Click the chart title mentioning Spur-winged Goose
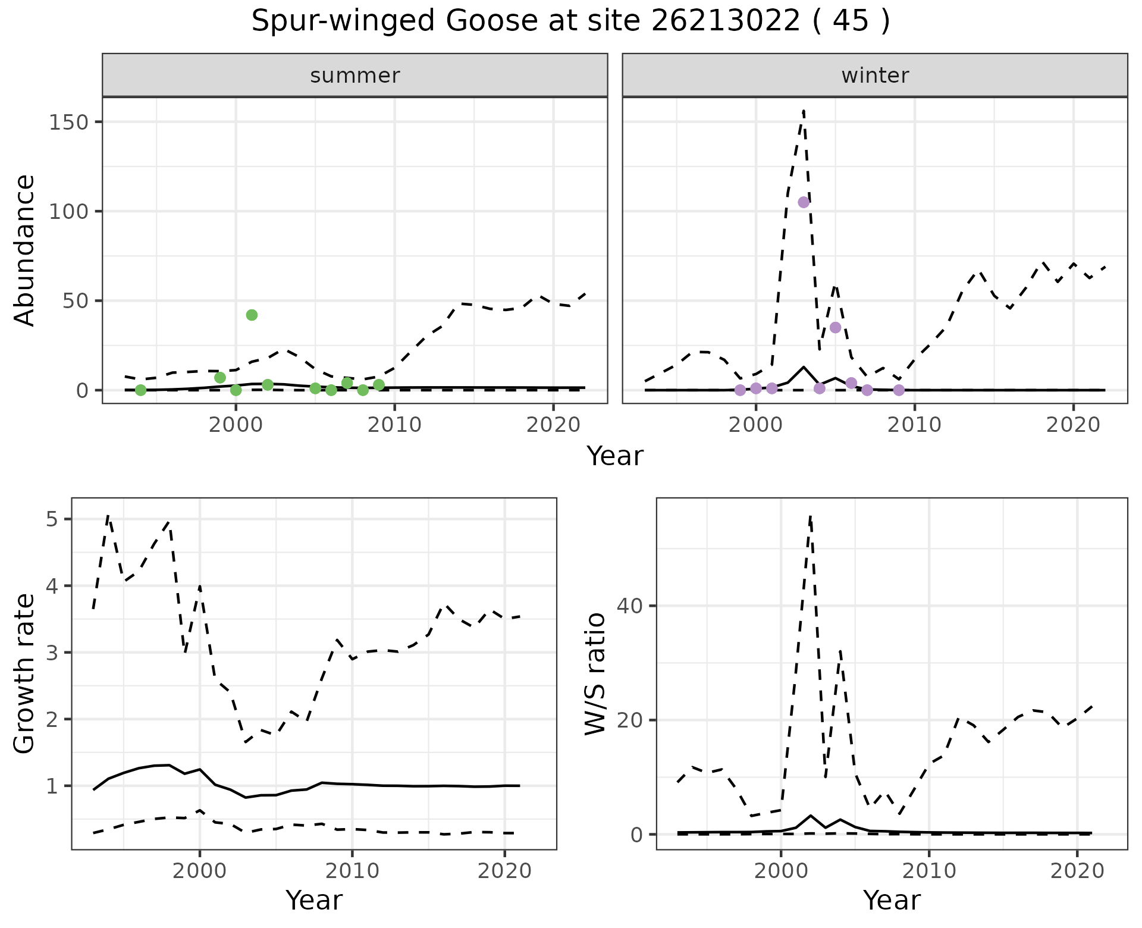pos(570,22)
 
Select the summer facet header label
pos(355,76)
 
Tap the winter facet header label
pos(875,76)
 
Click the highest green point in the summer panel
pos(252,315)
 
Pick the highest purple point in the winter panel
pos(804,202)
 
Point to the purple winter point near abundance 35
pos(835,328)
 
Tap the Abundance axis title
pos(25,250)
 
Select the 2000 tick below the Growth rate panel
pos(200,871)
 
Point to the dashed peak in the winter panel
pos(804,110)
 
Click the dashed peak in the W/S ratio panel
pos(810,517)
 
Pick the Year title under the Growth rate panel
pos(314,900)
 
